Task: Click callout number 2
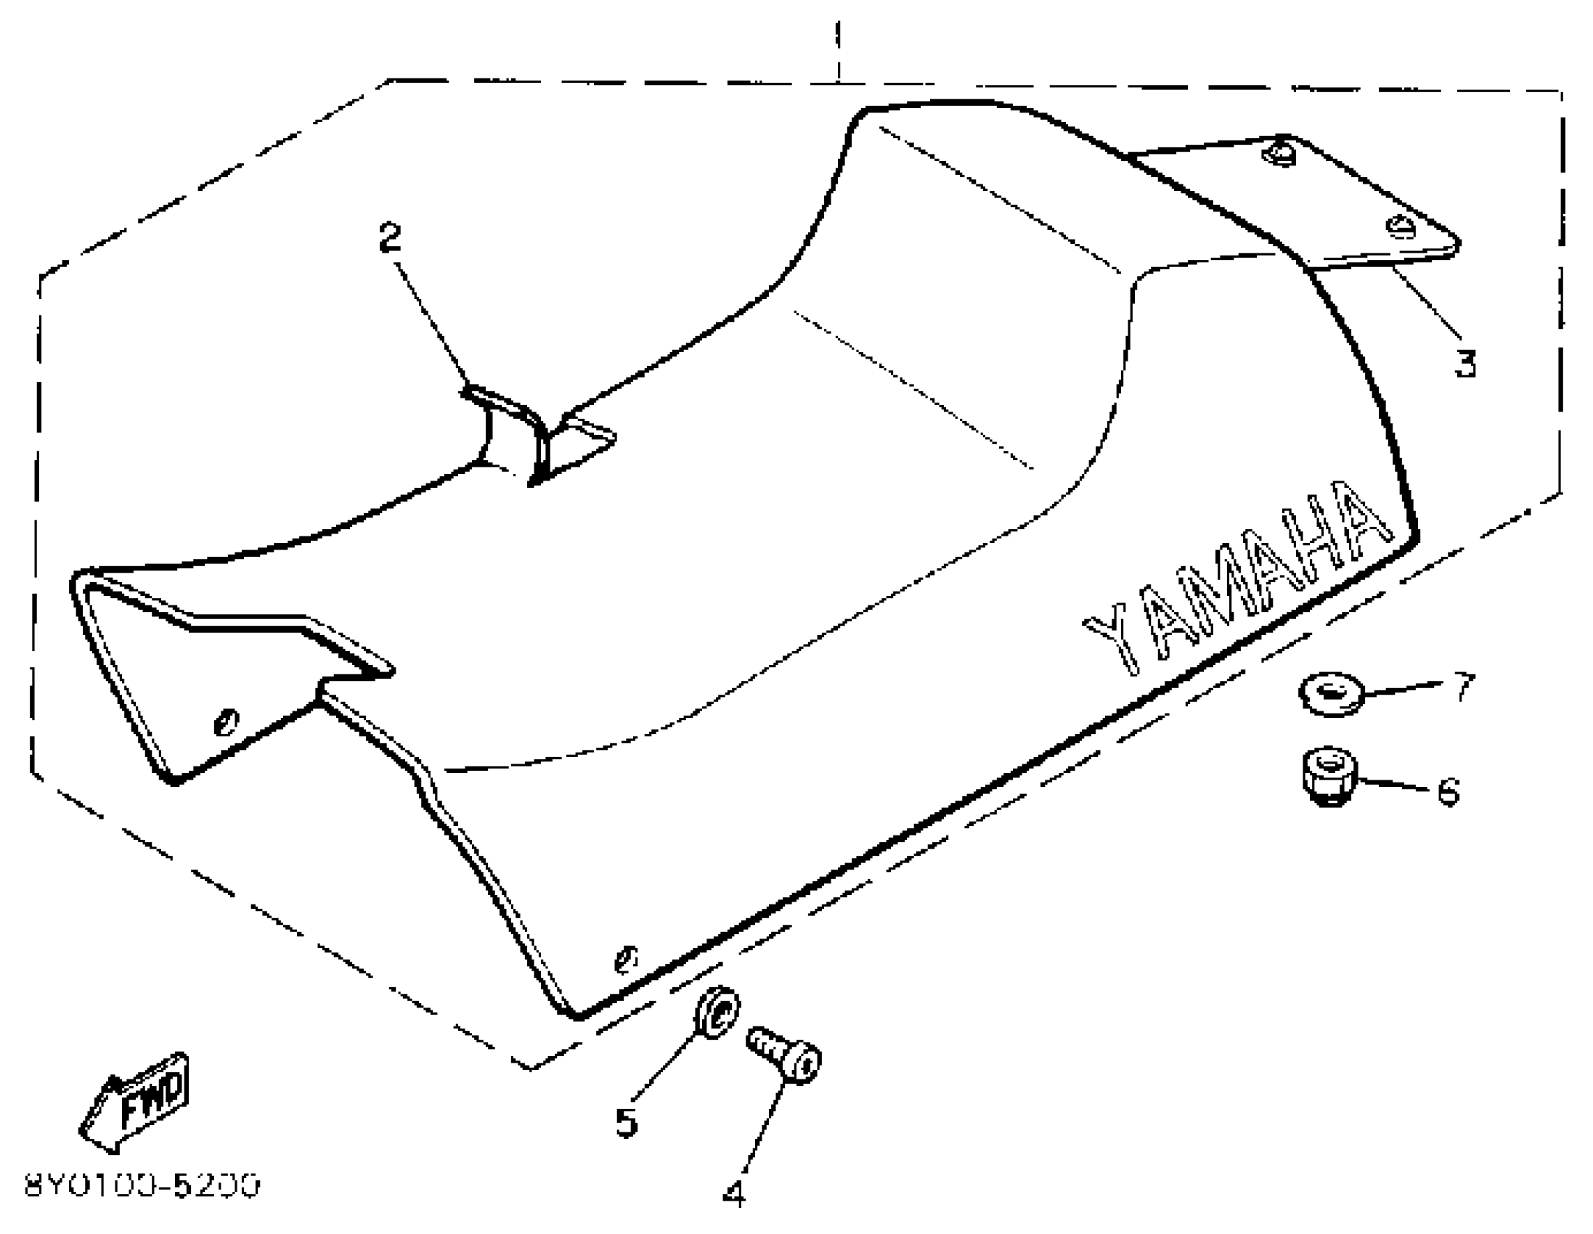(x=390, y=238)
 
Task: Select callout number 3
(x=1465, y=362)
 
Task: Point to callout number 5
(x=627, y=1121)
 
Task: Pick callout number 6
(x=1449, y=790)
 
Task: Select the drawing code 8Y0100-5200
(x=142, y=1187)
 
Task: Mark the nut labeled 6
(x=1329, y=776)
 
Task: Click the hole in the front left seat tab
(x=226, y=722)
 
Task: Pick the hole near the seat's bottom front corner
(x=626, y=958)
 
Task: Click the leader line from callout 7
(x=1401, y=689)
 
